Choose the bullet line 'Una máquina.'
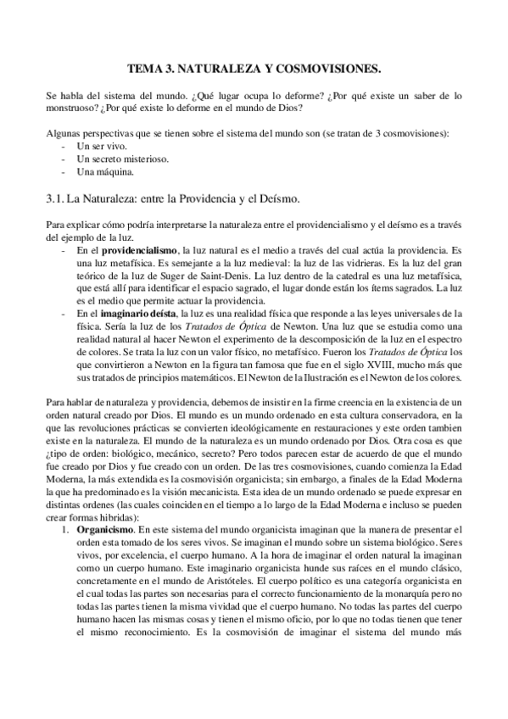point(104,172)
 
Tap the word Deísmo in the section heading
point(276,198)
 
